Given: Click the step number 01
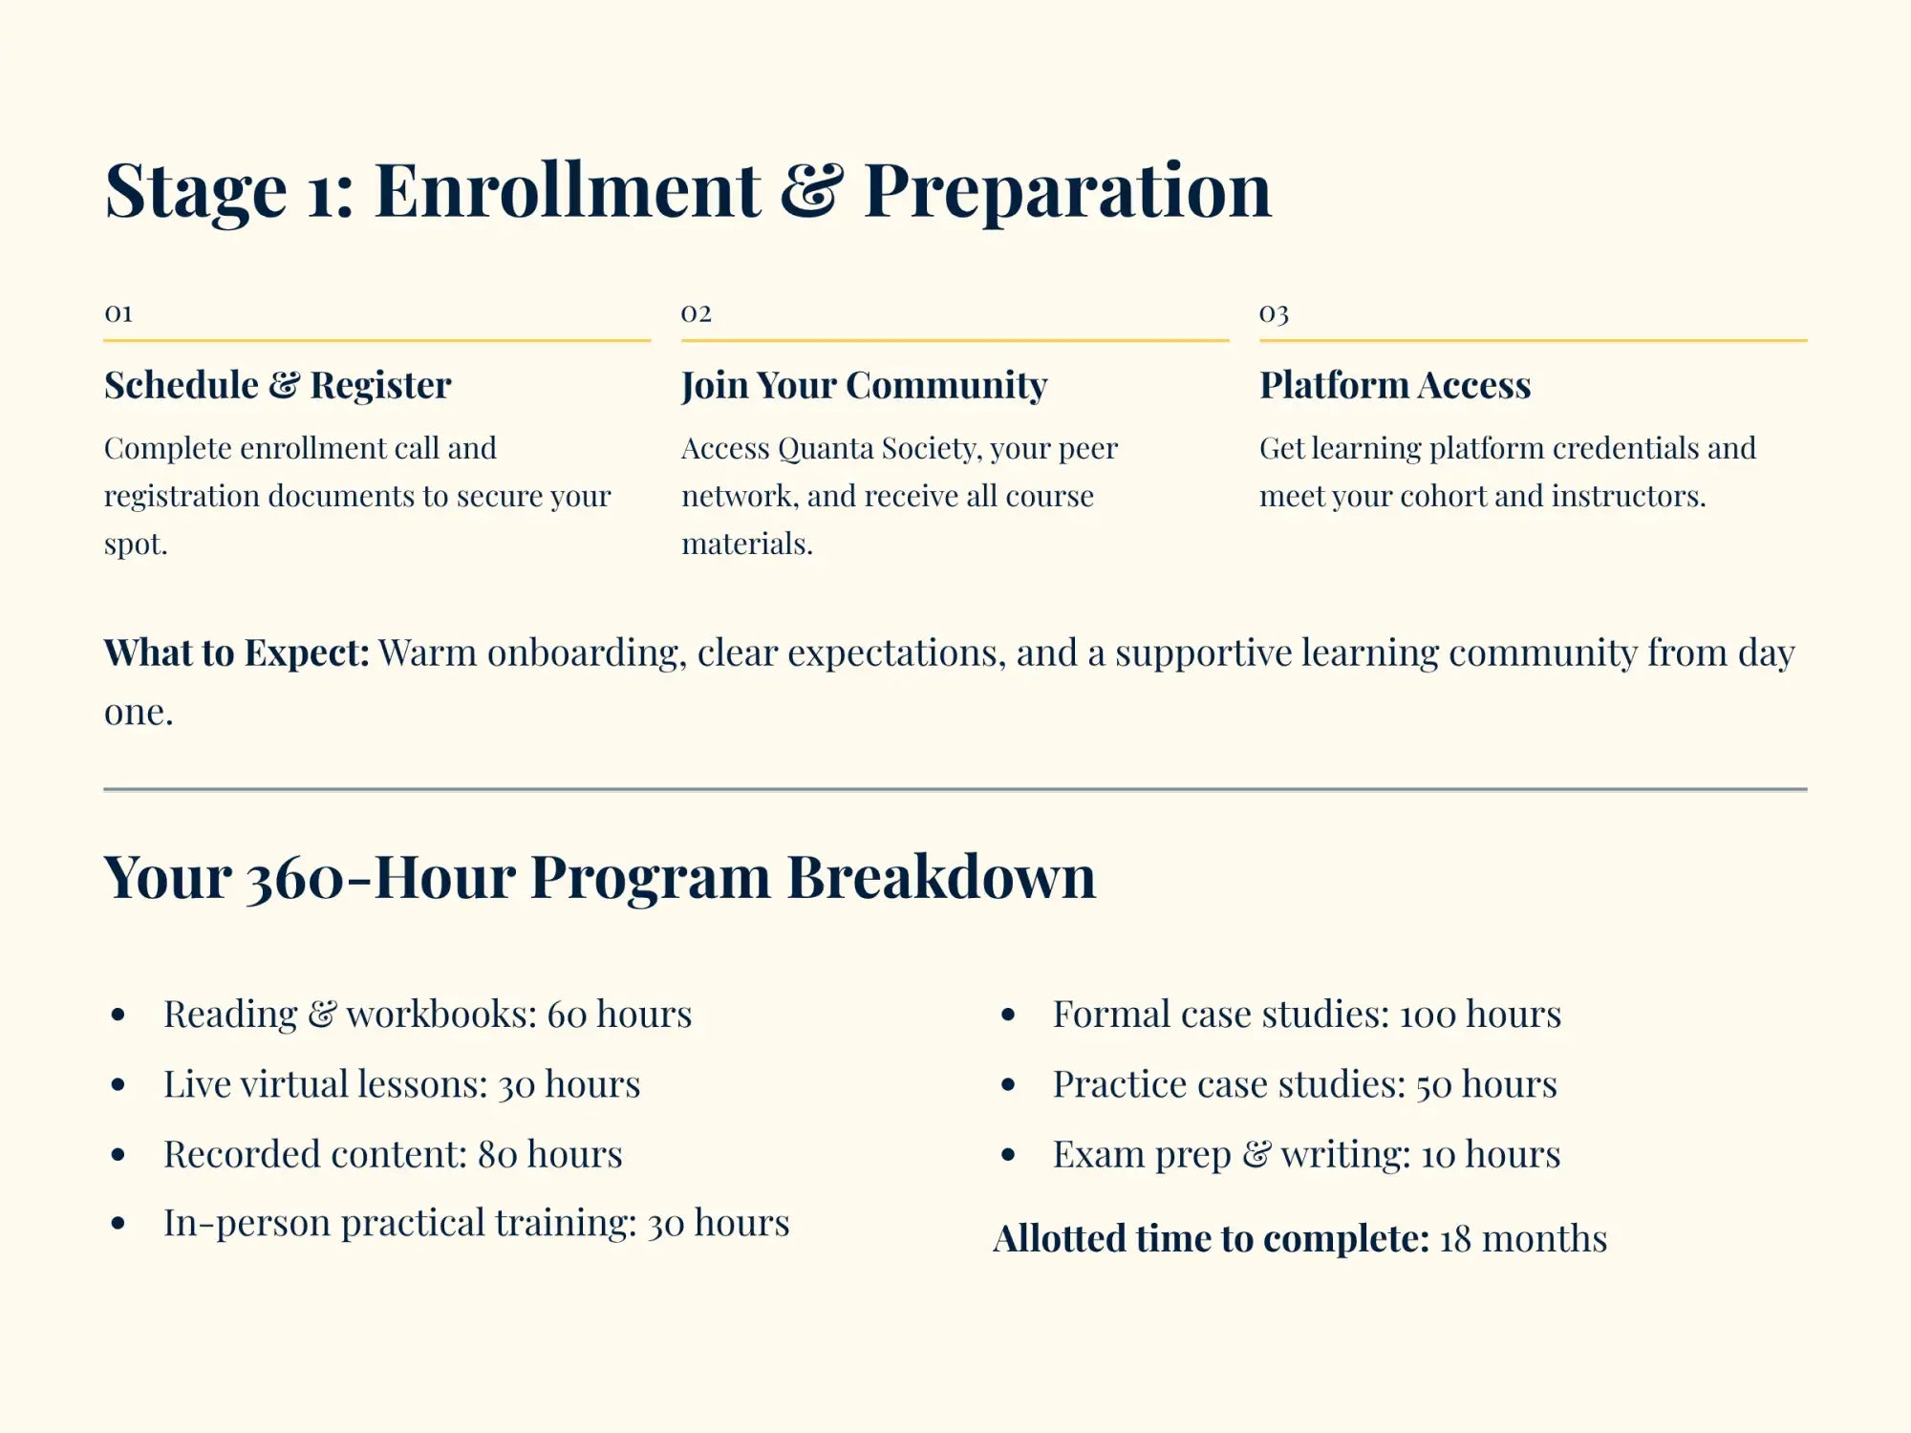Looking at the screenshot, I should [118, 313].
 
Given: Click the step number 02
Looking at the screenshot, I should [696, 313].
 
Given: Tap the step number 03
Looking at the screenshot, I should [1274, 313].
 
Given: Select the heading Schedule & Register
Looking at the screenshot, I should [277, 385].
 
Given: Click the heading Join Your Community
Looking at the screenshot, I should [864, 385].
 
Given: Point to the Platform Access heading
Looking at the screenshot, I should [1394, 385].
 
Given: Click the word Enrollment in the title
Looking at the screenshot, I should [568, 190].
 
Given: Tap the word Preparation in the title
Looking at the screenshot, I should [1067, 190].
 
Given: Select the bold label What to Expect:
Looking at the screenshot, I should [236, 652].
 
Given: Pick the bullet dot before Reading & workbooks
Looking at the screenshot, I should [118, 1015].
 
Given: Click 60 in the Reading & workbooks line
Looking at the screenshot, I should [567, 1015].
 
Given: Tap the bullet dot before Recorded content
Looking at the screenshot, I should [118, 1154].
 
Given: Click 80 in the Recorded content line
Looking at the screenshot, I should [497, 1155].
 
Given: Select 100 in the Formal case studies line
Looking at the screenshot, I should [1428, 1015].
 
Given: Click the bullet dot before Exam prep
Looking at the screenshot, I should [1008, 1154].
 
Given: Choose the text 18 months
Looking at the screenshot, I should [1523, 1239].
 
